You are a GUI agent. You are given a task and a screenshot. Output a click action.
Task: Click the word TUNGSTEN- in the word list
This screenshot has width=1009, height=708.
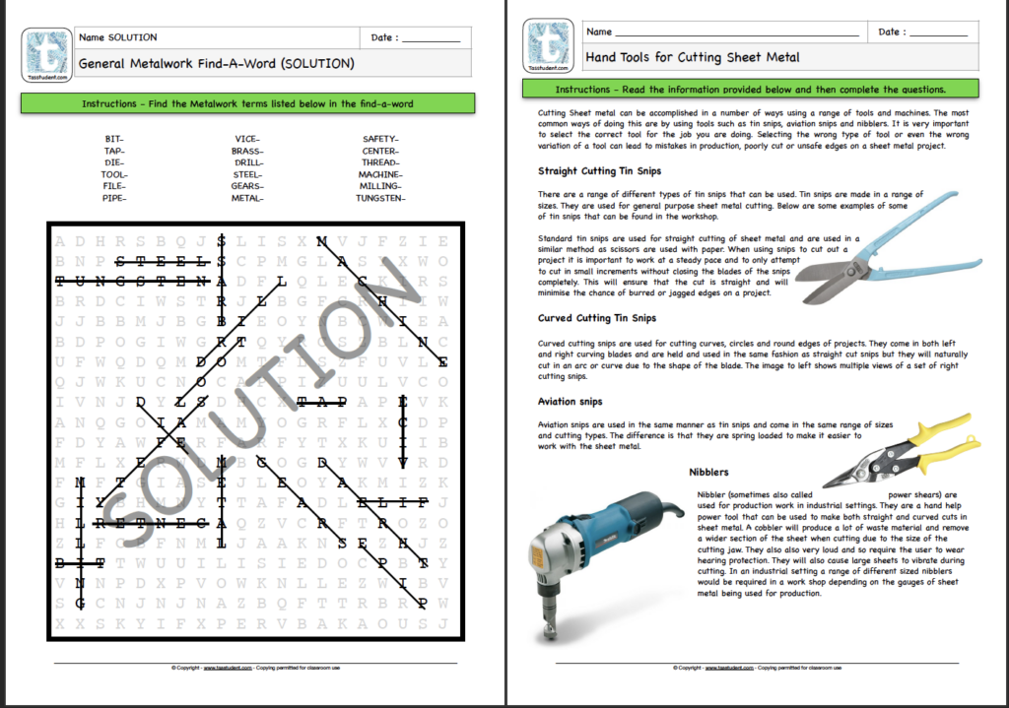point(380,198)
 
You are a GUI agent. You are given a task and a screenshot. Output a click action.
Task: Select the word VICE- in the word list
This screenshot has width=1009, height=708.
point(247,139)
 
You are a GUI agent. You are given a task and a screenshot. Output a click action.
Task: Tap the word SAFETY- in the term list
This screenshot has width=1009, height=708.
point(380,139)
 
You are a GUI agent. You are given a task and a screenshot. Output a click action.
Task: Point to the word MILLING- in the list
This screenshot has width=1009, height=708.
point(380,186)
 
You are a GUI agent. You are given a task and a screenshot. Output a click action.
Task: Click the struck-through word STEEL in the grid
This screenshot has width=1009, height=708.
point(163,262)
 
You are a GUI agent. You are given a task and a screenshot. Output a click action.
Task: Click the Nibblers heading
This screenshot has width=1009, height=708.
point(709,473)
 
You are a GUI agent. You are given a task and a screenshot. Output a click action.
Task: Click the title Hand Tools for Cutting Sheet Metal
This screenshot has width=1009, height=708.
point(693,57)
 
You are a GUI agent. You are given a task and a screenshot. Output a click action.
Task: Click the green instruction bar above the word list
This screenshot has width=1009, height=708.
point(247,102)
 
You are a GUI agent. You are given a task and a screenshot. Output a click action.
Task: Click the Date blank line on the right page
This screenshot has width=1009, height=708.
point(937,34)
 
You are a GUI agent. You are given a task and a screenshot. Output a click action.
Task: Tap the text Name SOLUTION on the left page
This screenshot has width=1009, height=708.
point(119,37)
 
